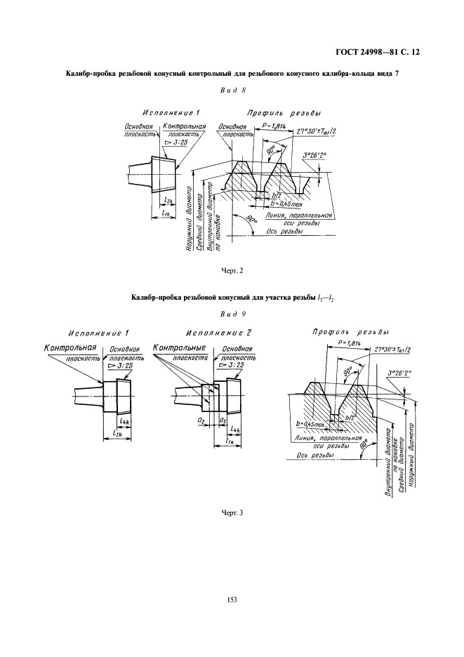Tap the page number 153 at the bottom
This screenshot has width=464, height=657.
pyautogui.click(x=232, y=599)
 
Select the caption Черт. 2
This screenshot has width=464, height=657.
pyautogui.click(x=232, y=270)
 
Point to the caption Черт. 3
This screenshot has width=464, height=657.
pyautogui.click(x=232, y=512)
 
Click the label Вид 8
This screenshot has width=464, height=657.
pyautogui.click(x=232, y=90)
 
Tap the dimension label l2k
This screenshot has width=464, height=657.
pyautogui.click(x=166, y=201)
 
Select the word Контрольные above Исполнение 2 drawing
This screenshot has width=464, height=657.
pyautogui.click(x=179, y=347)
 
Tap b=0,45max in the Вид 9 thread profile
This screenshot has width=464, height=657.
pyautogui.click(x=311, y=425)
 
